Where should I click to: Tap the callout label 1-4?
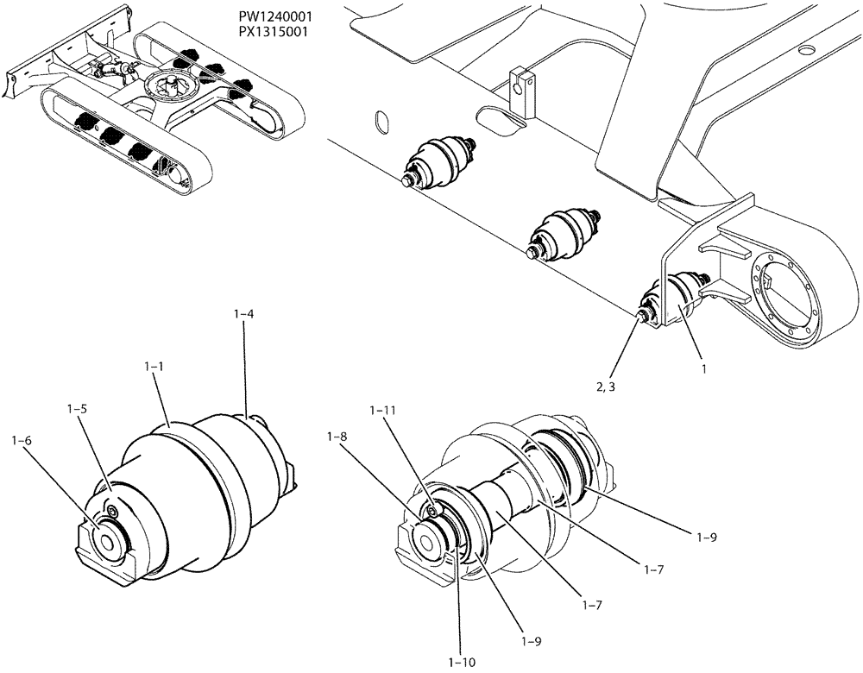(243, 316)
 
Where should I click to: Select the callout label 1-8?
(337, 438)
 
